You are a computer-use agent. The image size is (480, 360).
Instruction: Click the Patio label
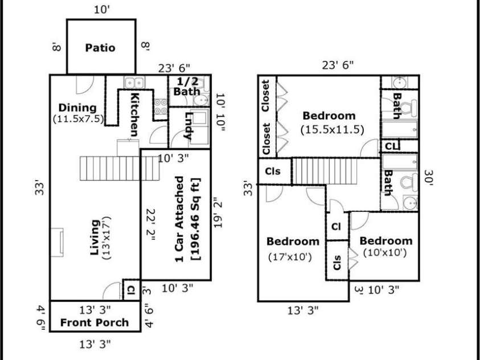pyautogui.click(x=100, y=48)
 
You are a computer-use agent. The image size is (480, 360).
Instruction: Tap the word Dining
pyautogui.click(x=77, y=108)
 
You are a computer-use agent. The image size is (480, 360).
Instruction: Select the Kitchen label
pyautogui.click(x=134, y=114)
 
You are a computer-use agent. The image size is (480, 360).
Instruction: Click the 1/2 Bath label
pyautogui.click(x=187, y=87)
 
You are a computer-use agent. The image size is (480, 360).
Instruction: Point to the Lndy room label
pyautogui.click(x=188, y=126)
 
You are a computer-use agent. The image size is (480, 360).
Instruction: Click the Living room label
pyautogui.click(x=95, y=238)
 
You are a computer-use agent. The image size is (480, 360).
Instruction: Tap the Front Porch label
pyautogui.click(x=95, y=322)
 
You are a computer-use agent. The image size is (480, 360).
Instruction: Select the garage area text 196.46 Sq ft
pyautogui.click(x=195, y=219)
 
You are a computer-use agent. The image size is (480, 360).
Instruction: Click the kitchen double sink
pyautogui.click(x=134, y=83)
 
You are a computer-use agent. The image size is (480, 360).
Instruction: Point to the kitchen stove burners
pyautogui.click(x=161, y=107)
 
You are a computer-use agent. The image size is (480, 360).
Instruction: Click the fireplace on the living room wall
pyautogui.click(x=57, y=243)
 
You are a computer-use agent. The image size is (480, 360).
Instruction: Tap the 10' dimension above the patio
pyautogui.click(x=102, y=10)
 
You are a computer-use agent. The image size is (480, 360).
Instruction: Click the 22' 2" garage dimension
pyautogui.click(x=151, y=224)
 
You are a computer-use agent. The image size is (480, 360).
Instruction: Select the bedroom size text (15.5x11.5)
pyautogui.click(x=332, y=130)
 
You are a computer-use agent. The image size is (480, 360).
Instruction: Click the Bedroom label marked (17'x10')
pyautogui.click(x=293, y=242)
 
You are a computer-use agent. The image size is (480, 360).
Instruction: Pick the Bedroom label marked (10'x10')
pyautogui.click(x=385, y=241)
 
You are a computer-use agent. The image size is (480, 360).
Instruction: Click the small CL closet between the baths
pyautogui.click(x=391, y=146)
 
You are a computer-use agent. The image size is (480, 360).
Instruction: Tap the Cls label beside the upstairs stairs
pyautogui.click(x=272, y=171)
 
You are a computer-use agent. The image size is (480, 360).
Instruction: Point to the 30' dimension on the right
pyautogui.click(x=428, y=178)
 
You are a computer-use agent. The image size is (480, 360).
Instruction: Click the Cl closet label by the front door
pyautogui.click(x=131, y=290)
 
